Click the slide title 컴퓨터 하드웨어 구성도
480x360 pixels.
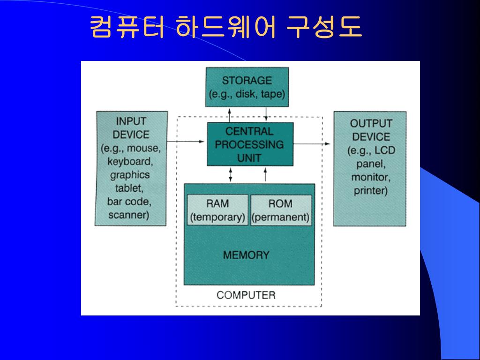[x=225, y=28]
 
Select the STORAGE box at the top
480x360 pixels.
[x=247, y=87]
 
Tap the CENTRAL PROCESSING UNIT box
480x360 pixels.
[x=250, y=144]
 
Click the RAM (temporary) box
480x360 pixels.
[x=217, y=210]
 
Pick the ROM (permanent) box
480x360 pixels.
[x=281, y=210]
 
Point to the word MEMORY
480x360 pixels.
[x=246, y=255]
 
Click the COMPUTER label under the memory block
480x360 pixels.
[x=246, y=295]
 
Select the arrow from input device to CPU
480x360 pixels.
[x=187, y=141]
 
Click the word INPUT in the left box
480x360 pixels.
[x=131, y=121]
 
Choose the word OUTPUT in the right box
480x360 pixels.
[x=371, y=124]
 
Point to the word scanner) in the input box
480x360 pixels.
[x=128, y=216]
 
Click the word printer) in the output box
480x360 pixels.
[x=370, y=191]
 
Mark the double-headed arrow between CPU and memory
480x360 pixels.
[x=231, y=174]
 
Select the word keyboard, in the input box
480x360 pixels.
[x=130, y=162]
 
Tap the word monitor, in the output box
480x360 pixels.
[x=370, y=178]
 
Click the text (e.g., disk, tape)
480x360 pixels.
[x=247, y=94]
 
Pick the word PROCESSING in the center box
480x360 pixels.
[x=249, y=144]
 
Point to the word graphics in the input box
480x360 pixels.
[x=130, y=175]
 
